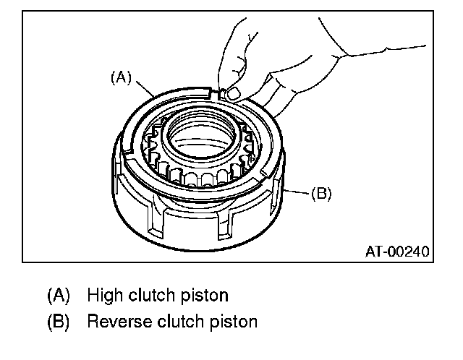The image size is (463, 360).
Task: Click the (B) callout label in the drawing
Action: pyautogui.click(x=321, y=194)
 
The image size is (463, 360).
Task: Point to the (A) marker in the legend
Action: pyautogui.click(x=59, y=295)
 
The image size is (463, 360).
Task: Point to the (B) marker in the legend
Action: pyautogui.click(x=59, y=321)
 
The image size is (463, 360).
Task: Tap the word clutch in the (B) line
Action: pyautogui.click(x=181, y=321)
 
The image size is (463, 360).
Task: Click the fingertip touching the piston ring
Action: pyautogui.click(x=232, y=92)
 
